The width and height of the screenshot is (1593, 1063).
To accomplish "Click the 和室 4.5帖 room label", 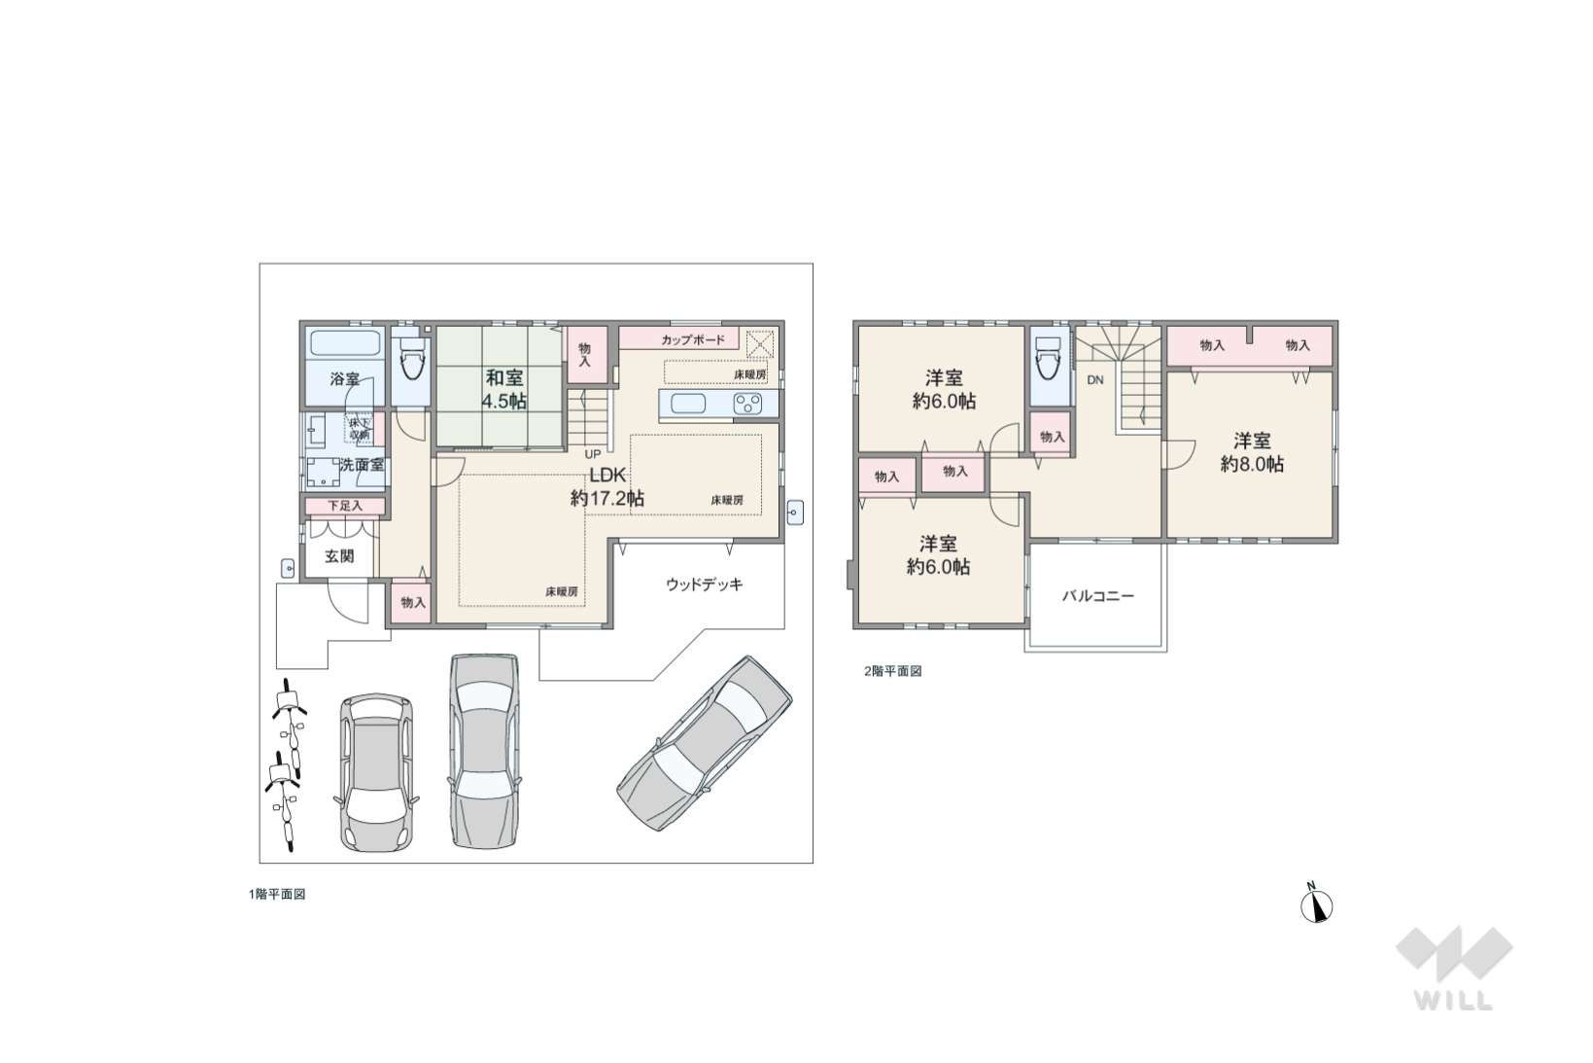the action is point(504,389).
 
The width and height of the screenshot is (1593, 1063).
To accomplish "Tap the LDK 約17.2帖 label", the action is point(606,486).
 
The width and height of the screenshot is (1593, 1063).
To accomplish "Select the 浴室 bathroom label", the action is point(344,379).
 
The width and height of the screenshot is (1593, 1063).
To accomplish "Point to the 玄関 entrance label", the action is point(339,556).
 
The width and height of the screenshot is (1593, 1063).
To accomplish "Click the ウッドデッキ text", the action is point(704,585).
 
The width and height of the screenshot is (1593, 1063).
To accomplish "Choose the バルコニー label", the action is point(1098,596).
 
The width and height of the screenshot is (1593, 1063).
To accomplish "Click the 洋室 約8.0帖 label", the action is point(1253,452).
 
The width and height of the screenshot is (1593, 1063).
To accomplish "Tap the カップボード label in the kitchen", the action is point(693,340).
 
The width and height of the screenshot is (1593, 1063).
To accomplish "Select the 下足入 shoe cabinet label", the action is point(345,506).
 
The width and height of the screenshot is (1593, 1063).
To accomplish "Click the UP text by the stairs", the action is point(593,454).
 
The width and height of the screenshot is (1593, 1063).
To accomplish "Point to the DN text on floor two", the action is point(1095,380).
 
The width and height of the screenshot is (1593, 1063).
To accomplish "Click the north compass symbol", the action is point(1316,904).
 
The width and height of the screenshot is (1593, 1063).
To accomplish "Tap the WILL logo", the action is point(1454,969).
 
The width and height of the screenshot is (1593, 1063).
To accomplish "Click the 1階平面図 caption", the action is point(277,895).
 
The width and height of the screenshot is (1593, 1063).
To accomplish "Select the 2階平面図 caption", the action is point(892,671).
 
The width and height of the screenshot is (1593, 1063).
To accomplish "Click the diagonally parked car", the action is point(704,743).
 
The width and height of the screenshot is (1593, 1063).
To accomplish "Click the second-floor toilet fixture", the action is point(1049,357).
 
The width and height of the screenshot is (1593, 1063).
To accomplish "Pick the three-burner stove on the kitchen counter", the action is point(748,405).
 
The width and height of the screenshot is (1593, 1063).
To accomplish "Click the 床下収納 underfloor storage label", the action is point(360,429).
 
